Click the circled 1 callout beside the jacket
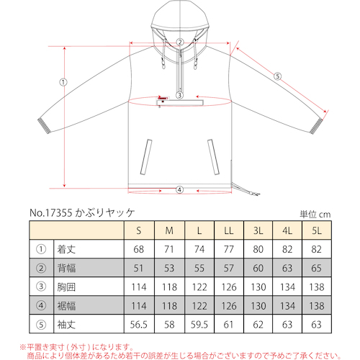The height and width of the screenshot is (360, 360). (63, 82)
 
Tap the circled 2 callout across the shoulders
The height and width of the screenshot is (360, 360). (180, 42)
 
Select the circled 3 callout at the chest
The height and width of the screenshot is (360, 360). (179, 95)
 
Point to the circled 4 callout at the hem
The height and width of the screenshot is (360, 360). (179, 190)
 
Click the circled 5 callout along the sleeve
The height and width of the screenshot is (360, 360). (277, 76)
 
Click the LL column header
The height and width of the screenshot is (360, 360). (229, 230)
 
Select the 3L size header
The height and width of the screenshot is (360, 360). (258, 230)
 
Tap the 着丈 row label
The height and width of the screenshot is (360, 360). (66, 249)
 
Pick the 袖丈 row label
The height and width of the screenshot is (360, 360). (66, 325)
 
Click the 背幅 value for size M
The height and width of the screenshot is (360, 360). (169, 268)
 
